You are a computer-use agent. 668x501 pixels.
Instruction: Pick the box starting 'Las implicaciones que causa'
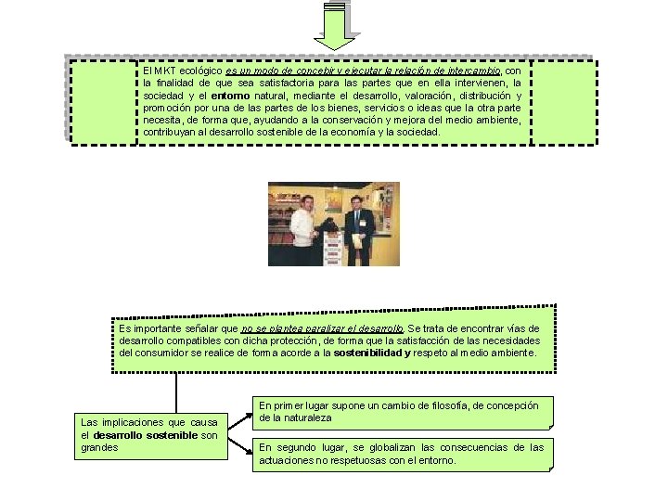(149, 434)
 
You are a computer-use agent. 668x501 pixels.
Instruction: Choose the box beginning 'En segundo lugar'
(402, 454)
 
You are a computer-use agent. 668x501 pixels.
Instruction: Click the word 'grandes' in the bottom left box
(100, 447)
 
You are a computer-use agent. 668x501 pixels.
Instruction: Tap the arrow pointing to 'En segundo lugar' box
(240, 446)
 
